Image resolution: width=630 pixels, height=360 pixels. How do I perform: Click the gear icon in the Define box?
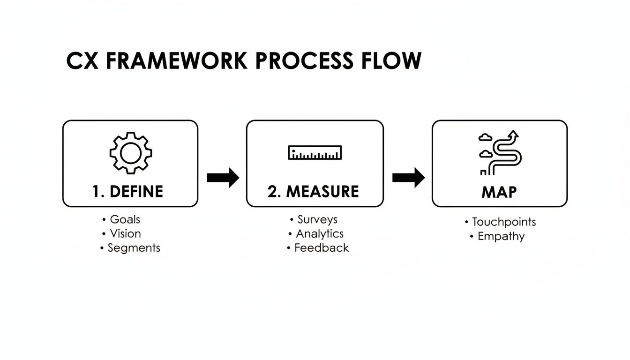point(130,152)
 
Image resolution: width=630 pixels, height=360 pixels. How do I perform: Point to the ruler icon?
point(315,153)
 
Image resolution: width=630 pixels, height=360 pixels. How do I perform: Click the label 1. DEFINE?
point(127,192)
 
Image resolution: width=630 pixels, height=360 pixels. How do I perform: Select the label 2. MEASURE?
point(313,192)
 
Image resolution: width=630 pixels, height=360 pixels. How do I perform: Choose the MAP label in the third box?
point(499,192)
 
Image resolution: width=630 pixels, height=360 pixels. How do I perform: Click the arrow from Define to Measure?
point(223,178)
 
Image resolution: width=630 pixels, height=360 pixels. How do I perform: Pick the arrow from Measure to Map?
point(408,178)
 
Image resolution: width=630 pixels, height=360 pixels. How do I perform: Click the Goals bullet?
point(124,219)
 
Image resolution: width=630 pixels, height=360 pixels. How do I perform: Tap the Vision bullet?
point(125,233)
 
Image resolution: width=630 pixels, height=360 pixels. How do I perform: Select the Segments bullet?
point(133,248)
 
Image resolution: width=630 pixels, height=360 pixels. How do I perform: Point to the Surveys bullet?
point(317,219)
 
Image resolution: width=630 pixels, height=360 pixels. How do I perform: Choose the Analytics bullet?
point(319,233)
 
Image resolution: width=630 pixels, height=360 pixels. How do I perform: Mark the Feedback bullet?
point(321,248)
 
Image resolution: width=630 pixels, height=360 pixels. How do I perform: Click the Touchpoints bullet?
point(503,222)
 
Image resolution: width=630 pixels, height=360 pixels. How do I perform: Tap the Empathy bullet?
point(500,236)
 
